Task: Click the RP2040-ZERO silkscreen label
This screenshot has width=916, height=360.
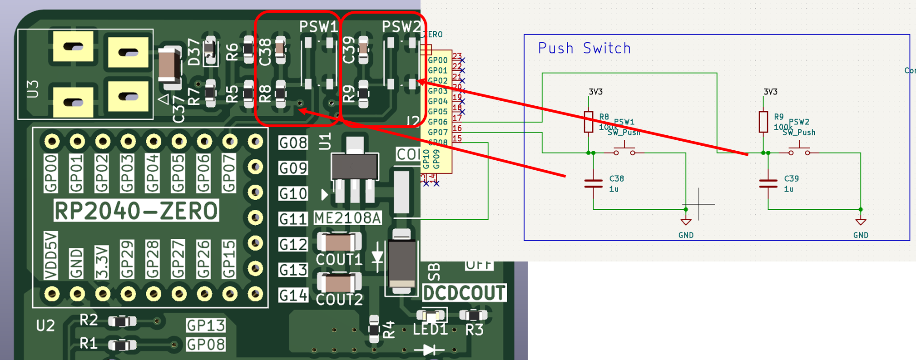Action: (136, 211)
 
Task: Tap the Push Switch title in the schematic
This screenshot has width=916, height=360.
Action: (584, 48)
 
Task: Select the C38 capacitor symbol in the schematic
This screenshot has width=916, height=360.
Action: (593, 183)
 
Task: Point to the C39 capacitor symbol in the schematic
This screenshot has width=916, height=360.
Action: (768, 183)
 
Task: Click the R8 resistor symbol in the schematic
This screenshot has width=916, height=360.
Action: (589, 122)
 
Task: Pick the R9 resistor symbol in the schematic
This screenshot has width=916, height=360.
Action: (763, 122)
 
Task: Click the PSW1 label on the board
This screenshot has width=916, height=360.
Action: (319, 27)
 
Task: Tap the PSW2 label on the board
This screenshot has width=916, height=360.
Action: (401, 27)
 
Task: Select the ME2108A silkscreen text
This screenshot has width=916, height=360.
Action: (348, 218)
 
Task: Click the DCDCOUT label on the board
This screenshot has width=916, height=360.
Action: (464, 293)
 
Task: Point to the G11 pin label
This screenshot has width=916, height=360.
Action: (293, 219)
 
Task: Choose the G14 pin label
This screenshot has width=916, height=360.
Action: (293, 296)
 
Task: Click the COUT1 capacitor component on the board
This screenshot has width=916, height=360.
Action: (339, 242)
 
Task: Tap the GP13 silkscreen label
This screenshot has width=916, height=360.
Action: (206, 325)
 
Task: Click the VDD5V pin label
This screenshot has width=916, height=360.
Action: (51, 255)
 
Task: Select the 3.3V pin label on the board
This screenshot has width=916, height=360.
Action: (102, 262)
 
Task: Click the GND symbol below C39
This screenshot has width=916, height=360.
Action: (861, 222)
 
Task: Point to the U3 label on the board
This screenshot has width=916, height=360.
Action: (33, 89)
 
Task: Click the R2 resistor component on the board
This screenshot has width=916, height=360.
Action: (122, 322)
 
